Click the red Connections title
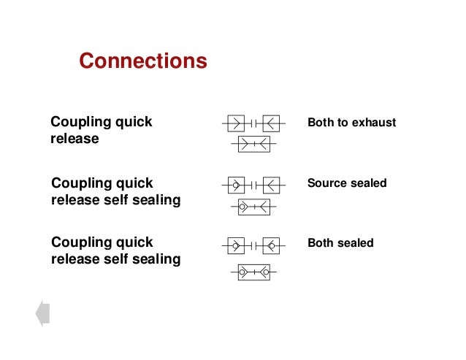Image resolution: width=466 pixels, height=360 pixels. pyautogui.click(x=143, y=61)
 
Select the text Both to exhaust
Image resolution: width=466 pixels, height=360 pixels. pyautogui.click(x=351, y=123)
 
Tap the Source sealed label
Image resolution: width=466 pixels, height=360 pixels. pyautogui.click(x=347, y=183)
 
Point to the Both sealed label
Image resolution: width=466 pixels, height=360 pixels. pyautogui.click(x=340, y=243)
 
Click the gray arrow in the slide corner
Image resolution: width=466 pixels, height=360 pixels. pyautogui.click(x=42, y=313)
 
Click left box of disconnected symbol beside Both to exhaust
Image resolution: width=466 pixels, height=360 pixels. pyautogui.click(x=234, y=123)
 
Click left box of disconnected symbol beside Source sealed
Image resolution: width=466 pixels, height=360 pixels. pyautogui.click(x=234, y=185)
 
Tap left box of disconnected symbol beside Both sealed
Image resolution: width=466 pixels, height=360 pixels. pyautogui.click(x=234, y=245)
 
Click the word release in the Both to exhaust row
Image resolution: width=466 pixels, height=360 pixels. pyautogui.click(x=74, y=138)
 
